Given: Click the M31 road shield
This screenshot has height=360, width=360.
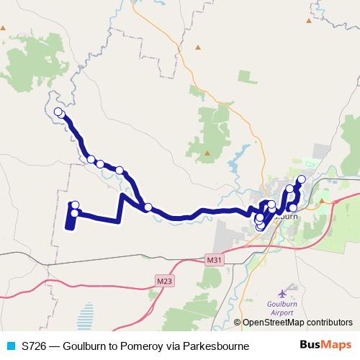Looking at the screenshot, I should click(214, 259).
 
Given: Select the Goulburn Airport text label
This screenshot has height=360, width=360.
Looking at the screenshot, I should click(282, 308).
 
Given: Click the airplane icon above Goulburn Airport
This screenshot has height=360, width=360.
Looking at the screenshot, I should click(282, 294).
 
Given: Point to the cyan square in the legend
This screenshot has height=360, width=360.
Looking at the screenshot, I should click(10, 346).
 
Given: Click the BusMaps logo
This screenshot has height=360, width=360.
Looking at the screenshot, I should click(320, 346).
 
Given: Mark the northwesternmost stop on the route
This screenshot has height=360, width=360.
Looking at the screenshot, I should click(59, 112).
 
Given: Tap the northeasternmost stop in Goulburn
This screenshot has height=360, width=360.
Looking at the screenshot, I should click(301, 179).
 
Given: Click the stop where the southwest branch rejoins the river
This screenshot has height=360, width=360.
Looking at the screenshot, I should click(148, 207).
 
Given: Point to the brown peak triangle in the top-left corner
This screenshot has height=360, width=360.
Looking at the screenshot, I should click(4, 28).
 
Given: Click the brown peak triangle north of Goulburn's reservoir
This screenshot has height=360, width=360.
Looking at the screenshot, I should click(207, 153).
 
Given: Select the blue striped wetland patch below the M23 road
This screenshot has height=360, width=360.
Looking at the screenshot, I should click(85, 315).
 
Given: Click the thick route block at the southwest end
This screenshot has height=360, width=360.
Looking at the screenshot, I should click(70, 220).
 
